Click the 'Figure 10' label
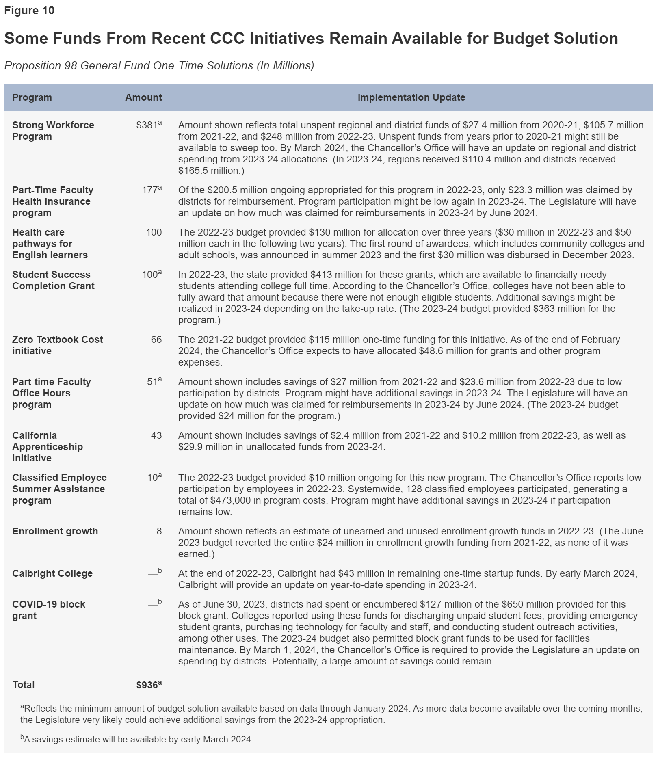[29, 11]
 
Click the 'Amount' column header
[143, 97]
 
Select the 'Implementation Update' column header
[411, 97]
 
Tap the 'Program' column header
[32, 97]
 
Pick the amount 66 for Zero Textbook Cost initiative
[156, 340]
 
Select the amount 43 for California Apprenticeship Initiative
[156, 435]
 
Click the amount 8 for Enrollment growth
[159, 531]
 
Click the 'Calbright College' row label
[52, 573]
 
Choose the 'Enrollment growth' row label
[55, 531]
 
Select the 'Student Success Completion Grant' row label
[53, 280]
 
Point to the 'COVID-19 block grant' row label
[48, 610]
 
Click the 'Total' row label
[24, 685]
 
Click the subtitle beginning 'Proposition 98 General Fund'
[159, 66]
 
